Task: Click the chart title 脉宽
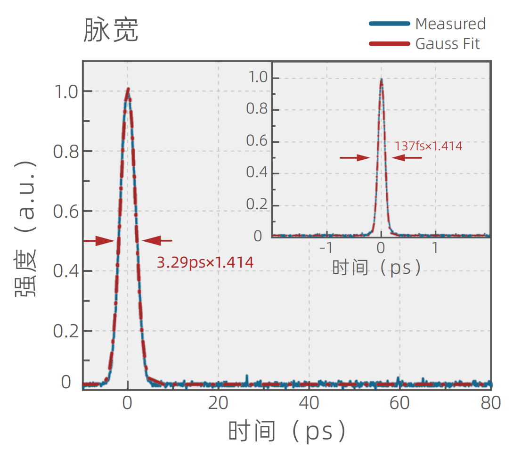point(111,30)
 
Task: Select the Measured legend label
point(450,24)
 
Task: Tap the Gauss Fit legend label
point(447,44)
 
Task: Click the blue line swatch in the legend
point(389,24)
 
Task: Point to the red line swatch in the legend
point(389,44)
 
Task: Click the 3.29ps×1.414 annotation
point(205,262)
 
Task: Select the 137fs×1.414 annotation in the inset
point(428,146)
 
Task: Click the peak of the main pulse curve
point(127,89)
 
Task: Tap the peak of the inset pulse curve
point(381,80)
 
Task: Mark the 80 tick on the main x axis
point(490,403)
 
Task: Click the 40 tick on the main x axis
point(309,403)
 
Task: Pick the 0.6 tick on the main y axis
point(65,212)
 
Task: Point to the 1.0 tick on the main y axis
point(65,91)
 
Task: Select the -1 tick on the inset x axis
point(326,247)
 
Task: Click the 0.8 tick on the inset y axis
point(256,109)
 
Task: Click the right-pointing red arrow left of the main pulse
point(99,241)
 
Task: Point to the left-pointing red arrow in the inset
point(407,158)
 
